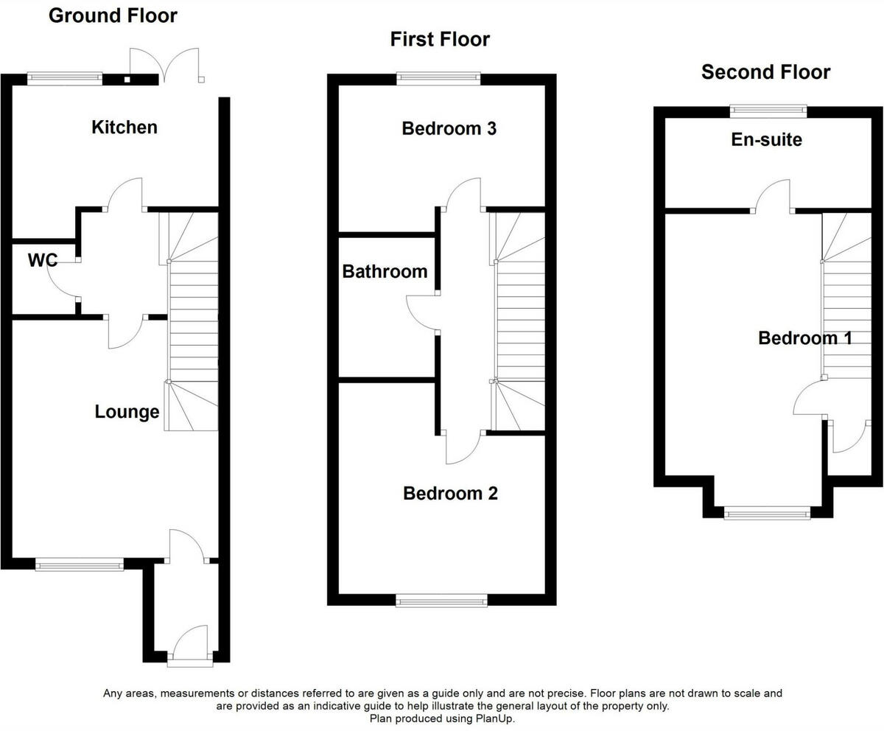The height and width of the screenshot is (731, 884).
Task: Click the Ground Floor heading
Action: coord(113,15)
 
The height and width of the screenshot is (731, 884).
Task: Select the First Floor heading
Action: coord(440,39)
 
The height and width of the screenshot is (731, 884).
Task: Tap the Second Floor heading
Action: coord(765,72)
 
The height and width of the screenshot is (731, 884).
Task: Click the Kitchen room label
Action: coord(124,127)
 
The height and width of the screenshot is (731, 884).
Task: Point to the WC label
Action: coord(43,260)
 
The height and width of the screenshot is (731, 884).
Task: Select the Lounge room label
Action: coord(127,412)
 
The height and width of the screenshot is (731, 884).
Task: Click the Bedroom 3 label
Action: coord(449,129)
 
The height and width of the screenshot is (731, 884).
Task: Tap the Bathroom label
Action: coord(385,271)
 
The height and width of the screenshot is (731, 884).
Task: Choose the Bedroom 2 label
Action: coord(450,493)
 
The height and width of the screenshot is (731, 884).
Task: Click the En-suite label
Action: coord(766,139)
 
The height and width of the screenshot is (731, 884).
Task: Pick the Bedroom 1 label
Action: coord(805,338)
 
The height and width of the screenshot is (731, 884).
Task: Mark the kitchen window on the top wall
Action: coord(65,78)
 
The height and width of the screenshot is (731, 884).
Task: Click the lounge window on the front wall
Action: coord(80,564)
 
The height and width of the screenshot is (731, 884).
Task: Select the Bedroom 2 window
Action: coord(441,601)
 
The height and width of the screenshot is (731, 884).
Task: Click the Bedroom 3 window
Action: coord(439,78)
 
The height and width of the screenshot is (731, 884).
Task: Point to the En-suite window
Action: coord(768,111)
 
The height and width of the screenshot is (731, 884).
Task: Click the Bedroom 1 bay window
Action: coord(767,513)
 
